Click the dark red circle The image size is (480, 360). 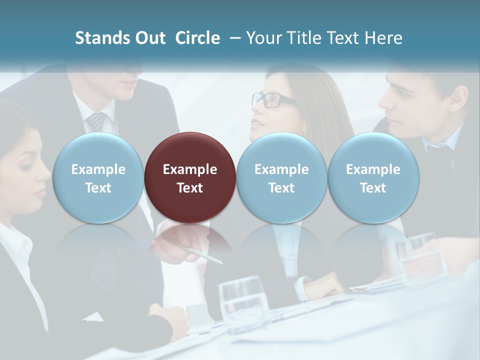190,177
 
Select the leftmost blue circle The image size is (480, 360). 98,177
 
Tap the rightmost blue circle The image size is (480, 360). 373,177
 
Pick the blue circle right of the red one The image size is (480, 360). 281,177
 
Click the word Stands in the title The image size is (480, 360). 101,38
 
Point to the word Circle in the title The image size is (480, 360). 197,38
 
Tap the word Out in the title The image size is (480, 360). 149,38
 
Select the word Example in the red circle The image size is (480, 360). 190,169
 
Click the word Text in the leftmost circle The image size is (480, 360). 98,188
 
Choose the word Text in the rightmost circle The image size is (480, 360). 373,188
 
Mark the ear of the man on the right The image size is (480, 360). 456,99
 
